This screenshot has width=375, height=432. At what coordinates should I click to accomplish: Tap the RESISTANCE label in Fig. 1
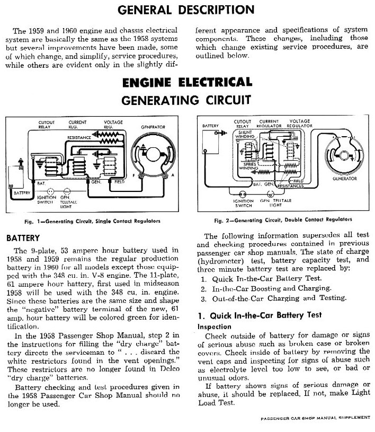pos(78,138)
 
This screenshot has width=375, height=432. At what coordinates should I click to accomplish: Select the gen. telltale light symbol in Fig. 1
pos(67,191)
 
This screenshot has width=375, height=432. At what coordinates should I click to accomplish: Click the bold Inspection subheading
pos(215,327)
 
